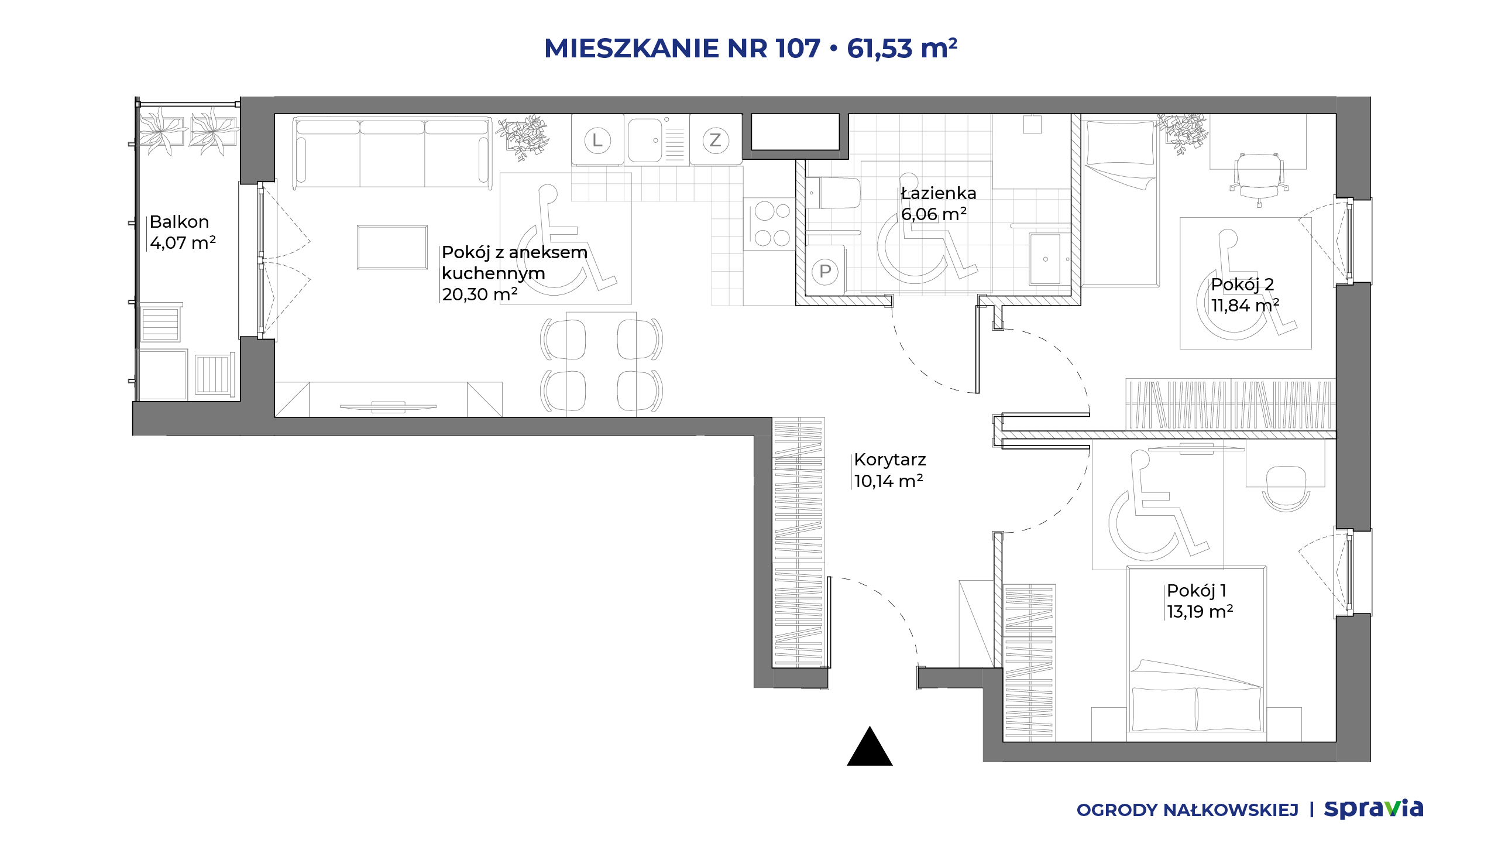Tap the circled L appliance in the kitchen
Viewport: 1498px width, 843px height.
pyautogui.click(x=597, y=140)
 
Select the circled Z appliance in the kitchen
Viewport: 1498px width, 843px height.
pyautogui.click(x=716, y=140)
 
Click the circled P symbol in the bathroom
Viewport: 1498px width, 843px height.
pyautogui.click(x=825, y=272)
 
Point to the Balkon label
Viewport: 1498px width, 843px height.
pyautogui.click(x=179, y=222)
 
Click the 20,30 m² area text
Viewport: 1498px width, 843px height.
pyautogui.click(x=480, y=294)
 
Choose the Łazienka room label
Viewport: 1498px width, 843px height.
pyautogui.click(x=939, y=193)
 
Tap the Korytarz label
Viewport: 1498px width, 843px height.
pyautogui.click(x=890, y=460)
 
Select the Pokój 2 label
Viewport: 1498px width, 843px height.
pyautogui.click(x=1242, y=285)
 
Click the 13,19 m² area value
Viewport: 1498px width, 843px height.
pyautogui.click(x=1200, y=612)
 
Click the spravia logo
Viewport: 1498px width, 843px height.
pyautogui.click(x=1373, y=809)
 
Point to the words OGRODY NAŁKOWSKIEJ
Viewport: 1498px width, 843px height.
pyautogui.click(x=1187, y=810)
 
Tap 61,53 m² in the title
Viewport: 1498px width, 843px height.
pyautogui.click(x=902, y=48)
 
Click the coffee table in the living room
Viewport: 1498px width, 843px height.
pyautogui.click(x=392, y=247)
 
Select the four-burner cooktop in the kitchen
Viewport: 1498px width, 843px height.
pyautogui.click(x=769, y=224)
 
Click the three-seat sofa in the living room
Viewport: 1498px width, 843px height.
pyautogui.click(x=392, y=153)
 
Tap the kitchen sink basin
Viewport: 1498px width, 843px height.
pyautogui.click(x=645, y=140)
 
